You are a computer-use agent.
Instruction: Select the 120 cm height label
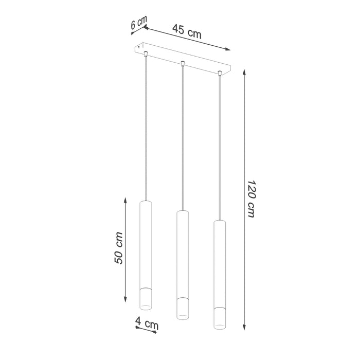point(251,199)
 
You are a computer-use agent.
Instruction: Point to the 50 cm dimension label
point(119,248)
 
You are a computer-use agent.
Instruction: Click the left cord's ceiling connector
point(147,53)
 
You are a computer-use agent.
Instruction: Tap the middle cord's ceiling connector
point(183,63)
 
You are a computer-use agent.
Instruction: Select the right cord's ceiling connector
point(220,73)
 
